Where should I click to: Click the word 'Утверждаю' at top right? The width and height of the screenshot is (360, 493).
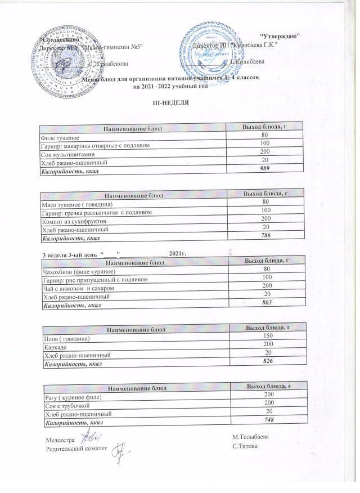pos(281,36)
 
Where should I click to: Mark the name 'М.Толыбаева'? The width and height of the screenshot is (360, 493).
pos(250,437)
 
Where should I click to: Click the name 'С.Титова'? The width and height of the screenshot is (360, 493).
pos(245,446)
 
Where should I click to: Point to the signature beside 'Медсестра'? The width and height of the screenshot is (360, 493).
pos(87,437)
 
